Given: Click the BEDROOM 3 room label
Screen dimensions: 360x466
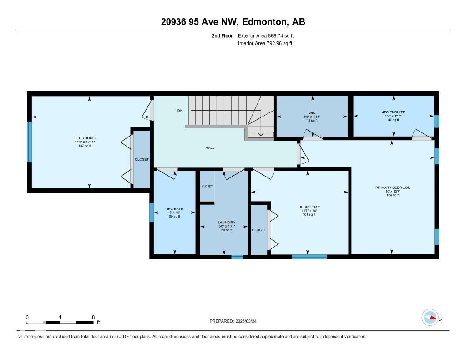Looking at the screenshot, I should point(85,138).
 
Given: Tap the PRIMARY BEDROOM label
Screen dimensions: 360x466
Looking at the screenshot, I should point(393,188).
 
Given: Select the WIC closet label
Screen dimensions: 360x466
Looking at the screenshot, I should point(312,112).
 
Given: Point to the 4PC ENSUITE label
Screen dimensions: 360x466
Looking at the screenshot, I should point(394,112).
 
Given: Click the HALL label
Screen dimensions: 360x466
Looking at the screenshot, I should point(210,147).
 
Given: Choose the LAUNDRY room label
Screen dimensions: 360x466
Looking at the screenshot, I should point(227,222).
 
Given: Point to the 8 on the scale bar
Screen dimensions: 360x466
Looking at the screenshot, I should point(93,317).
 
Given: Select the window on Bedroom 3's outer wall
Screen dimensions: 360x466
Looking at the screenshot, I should point(30,142).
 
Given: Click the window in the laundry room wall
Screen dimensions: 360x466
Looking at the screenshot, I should point(237,257).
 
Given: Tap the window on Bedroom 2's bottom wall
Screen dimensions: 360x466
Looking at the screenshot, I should point(309,257).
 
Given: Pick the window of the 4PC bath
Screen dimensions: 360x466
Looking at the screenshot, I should point(152,212).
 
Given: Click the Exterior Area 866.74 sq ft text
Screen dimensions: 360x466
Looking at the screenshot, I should point(269,35).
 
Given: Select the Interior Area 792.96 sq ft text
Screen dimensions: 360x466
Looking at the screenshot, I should point(265,44).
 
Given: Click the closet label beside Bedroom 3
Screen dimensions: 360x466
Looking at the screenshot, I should point(142,159).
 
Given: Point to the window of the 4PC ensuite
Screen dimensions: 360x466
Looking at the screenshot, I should point(436,122).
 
